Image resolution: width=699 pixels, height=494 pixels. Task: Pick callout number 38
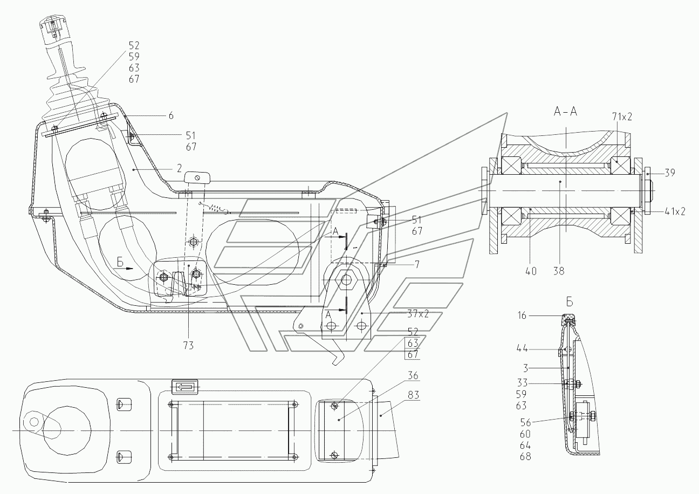[559, 272]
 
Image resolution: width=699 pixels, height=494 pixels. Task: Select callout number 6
[170, 115]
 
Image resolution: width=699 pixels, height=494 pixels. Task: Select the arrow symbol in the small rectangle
[184, 387]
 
